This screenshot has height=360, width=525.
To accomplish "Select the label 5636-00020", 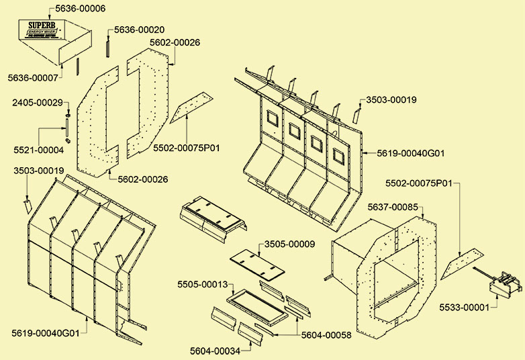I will point(139,30).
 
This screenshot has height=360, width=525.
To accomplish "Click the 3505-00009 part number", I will point(289,244).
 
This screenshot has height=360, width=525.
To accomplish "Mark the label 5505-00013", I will point(203,284).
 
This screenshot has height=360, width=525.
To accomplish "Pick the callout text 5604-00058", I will point(326,334).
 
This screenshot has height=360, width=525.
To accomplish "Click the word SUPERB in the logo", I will point(42,26).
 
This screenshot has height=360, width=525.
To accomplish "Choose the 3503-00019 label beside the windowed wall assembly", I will point(391,99).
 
